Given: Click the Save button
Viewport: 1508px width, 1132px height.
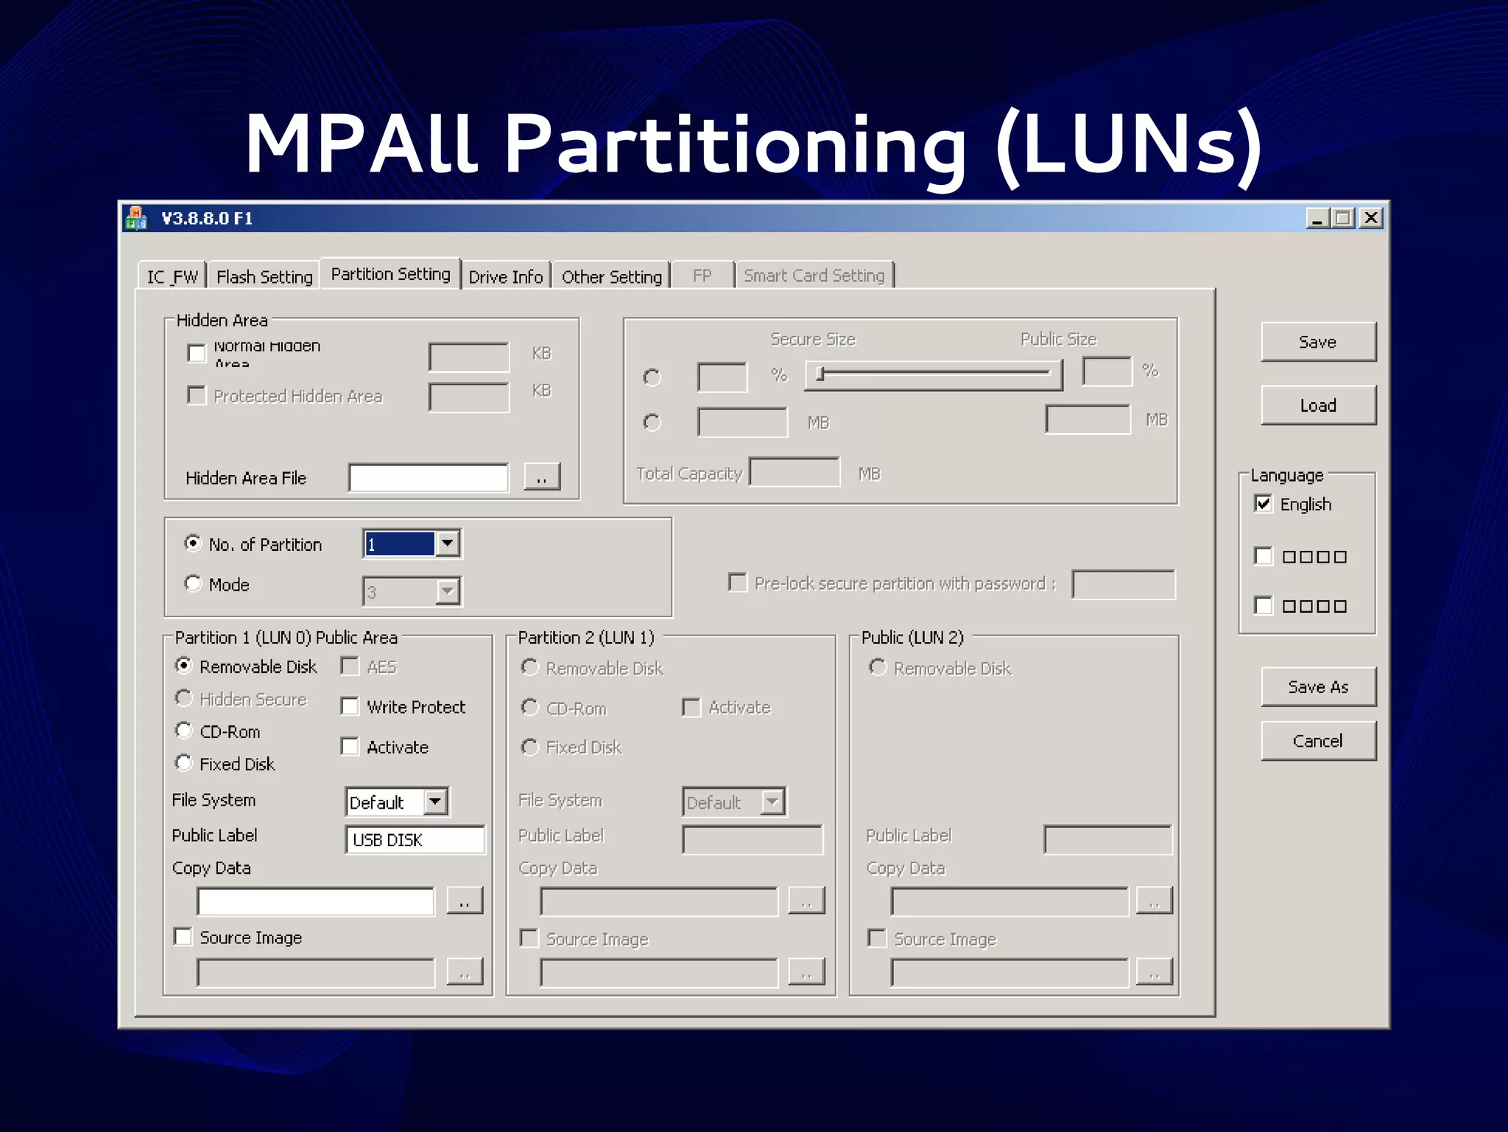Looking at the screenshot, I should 1317,342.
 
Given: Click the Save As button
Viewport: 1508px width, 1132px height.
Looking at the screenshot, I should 1317,686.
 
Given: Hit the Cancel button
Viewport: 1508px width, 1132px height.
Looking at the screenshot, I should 1317,741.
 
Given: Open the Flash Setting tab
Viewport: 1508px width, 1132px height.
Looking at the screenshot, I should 264,277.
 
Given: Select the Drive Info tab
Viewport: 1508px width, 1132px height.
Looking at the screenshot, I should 505,277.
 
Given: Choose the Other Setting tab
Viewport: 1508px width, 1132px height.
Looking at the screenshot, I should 611,277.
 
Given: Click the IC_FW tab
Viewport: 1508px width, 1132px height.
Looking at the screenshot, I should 172,277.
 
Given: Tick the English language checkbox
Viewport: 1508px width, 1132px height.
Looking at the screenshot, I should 1264,504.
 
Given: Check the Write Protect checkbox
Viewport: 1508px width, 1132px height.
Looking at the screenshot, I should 350,707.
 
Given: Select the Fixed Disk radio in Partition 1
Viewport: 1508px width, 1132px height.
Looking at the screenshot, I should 184,763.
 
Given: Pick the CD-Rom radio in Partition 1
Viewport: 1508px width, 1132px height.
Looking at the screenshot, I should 184,731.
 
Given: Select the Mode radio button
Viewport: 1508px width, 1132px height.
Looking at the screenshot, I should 193,584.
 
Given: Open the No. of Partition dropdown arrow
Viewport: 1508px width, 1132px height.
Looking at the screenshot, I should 447,544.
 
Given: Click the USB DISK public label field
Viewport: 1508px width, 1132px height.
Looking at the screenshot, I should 415,840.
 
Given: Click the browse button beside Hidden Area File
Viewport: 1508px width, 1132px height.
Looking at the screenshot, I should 542,477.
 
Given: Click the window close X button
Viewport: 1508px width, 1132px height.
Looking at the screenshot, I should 1370,218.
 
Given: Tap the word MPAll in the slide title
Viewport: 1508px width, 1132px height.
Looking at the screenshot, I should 361,144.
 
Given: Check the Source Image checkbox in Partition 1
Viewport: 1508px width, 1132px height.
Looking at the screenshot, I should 183,937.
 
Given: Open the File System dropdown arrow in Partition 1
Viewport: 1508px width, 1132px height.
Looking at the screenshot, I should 436,801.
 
